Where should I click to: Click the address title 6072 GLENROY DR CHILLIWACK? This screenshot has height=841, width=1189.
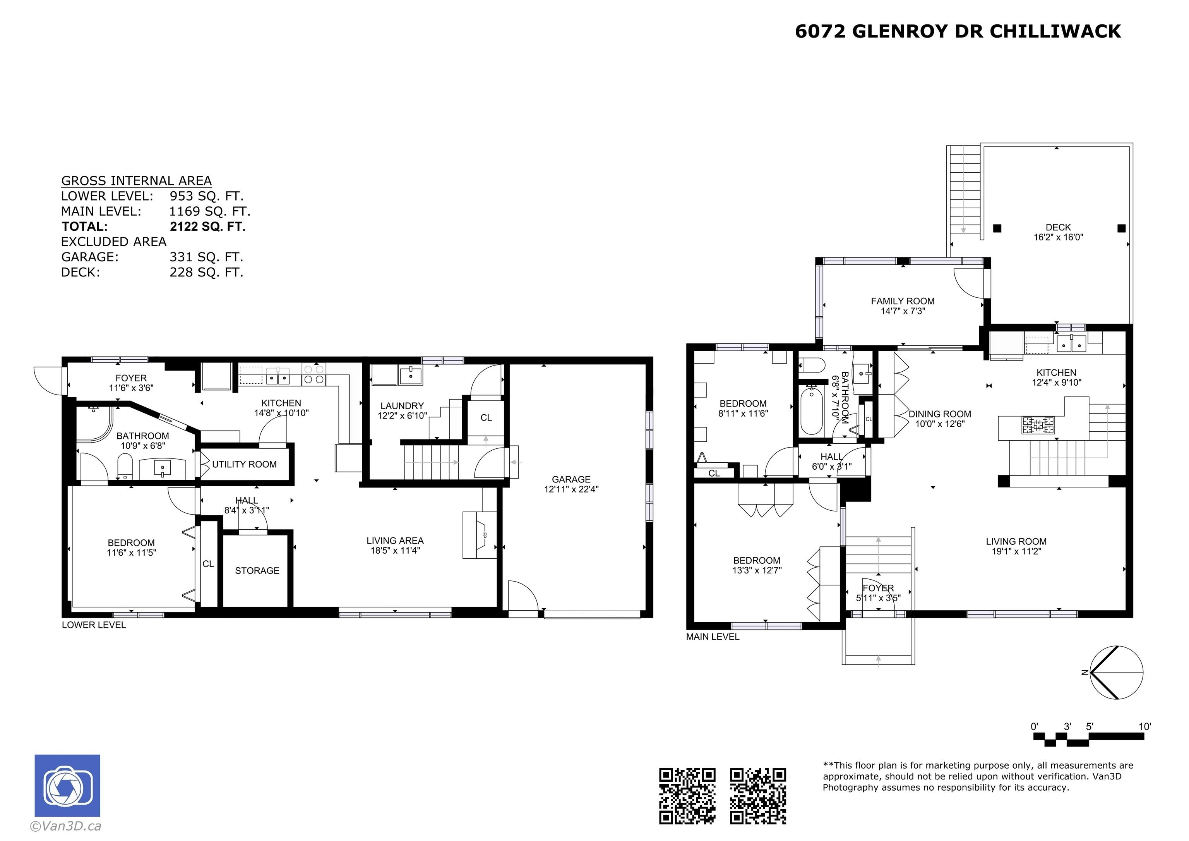pos(958,32)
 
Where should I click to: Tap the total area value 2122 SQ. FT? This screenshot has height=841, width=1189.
pos(208,227)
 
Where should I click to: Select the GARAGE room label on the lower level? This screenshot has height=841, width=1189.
pos(571,479)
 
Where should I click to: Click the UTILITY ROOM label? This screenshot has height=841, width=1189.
pos(245,464)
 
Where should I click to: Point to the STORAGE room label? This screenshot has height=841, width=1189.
pos(257,570)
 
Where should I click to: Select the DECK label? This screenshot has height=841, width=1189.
pos(1058,227)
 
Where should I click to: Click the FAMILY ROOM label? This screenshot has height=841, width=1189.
pos(903,301)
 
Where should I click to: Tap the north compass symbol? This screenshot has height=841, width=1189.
pos(1116,673)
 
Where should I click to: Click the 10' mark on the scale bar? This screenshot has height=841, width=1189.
pos(1144,726)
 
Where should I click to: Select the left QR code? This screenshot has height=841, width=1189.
pos(687,796)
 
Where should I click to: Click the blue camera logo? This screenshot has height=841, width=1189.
pos(67,786)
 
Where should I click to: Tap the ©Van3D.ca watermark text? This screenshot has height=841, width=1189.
pos(66,826)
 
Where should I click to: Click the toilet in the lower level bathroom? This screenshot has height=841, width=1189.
pos(125,465)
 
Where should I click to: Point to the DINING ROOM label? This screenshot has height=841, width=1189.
pos(940,414)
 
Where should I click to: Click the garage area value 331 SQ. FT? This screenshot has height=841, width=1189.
pos(206,257)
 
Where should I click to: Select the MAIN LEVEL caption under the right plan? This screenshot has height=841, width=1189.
pos(713,637)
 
